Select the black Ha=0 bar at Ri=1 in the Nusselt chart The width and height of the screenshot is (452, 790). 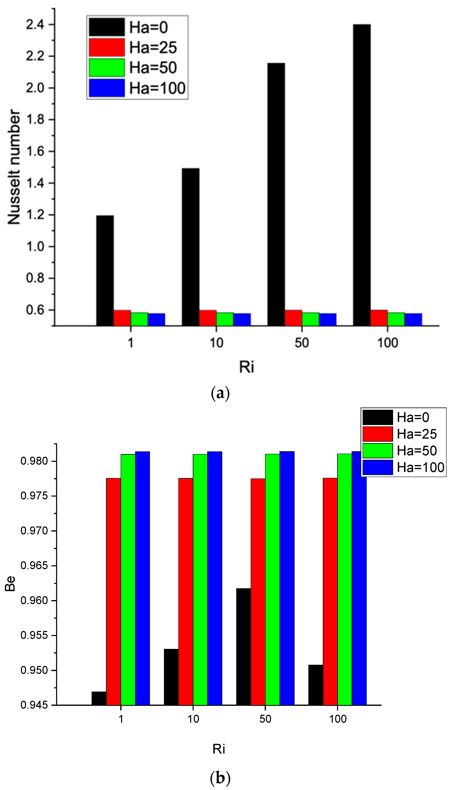[105, 270]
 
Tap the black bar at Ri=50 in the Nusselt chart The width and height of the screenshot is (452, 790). [276, 194]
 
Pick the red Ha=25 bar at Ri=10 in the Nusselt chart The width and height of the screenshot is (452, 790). [208, 318]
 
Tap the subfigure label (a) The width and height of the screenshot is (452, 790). [220, 393]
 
